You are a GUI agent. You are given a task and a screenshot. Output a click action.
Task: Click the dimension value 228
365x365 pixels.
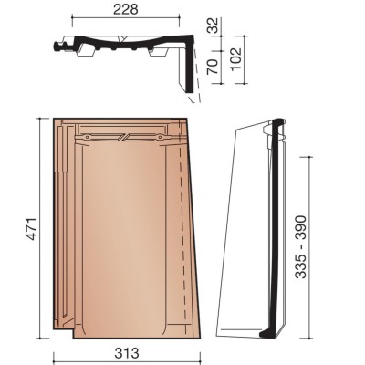(x=126, y=9)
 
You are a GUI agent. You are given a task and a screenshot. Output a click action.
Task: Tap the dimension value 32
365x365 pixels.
(x=213, y=26)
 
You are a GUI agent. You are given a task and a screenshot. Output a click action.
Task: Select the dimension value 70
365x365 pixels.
(x=213, y=67)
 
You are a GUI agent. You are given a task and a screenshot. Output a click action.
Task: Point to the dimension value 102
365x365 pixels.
(x=236, y=58)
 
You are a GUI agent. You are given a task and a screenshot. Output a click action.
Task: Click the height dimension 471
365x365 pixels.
(x=31, y=229)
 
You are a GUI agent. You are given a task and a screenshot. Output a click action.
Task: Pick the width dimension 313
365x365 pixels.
(x=127, y=353)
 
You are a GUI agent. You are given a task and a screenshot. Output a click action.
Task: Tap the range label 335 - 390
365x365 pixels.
(x=301, y=247)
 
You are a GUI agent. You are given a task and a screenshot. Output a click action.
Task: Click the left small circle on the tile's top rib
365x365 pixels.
(x=88, y=137)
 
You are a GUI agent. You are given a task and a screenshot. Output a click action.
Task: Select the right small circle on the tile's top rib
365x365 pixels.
(x=159, y=137)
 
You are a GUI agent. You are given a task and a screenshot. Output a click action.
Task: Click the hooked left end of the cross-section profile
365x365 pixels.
(x=57, y=47)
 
